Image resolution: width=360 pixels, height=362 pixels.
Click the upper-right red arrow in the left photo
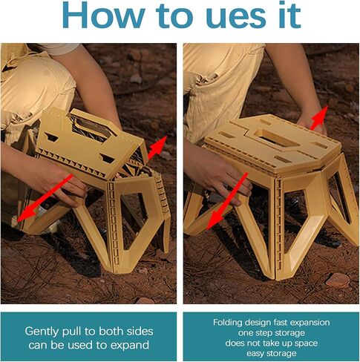156,147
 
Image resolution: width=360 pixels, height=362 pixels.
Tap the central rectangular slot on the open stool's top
270,139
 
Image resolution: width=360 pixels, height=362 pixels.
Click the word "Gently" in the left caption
44,331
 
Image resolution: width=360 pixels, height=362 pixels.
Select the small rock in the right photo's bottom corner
338,280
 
